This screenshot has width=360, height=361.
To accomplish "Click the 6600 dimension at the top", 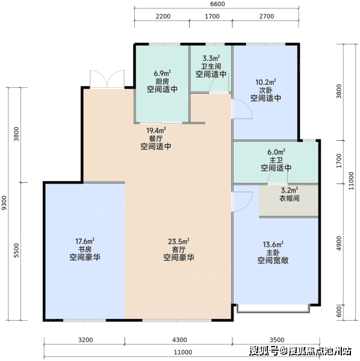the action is (x=217, y=4).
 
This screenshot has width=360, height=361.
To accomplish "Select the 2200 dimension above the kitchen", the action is (x=163, y=16).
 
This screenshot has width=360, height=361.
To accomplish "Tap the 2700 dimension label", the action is (x=267, y=16).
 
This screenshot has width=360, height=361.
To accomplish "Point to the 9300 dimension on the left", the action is (x=4, y=203).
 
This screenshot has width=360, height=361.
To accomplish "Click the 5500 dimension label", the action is (x=16, y=250).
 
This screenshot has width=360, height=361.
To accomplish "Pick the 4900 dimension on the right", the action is (x=339, y=243).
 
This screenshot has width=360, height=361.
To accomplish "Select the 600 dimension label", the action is (x=339, y=312).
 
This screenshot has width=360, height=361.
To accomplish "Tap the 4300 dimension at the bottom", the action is (x=179, y=340).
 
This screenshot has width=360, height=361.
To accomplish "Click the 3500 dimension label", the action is (x=277, y=340).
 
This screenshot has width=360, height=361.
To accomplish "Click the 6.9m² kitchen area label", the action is (x=163, y=73).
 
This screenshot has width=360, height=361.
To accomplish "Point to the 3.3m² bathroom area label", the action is (x=211, y=58).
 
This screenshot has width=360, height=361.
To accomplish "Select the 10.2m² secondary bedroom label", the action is (x=265, y=82).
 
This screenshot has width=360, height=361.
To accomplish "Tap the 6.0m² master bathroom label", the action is (x=276, y=152).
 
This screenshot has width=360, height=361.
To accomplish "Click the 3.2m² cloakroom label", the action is (x=290, y=190).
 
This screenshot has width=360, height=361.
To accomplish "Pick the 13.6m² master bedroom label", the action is (x=273, y=244).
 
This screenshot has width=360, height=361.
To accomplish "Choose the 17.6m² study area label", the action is (x=85, y=241).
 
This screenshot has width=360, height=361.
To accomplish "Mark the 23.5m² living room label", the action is (x=179, y=241).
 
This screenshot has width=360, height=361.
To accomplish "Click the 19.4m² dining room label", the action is (x=156, y=131).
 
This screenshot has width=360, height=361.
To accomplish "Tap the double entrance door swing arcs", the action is (x=107, y=78).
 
